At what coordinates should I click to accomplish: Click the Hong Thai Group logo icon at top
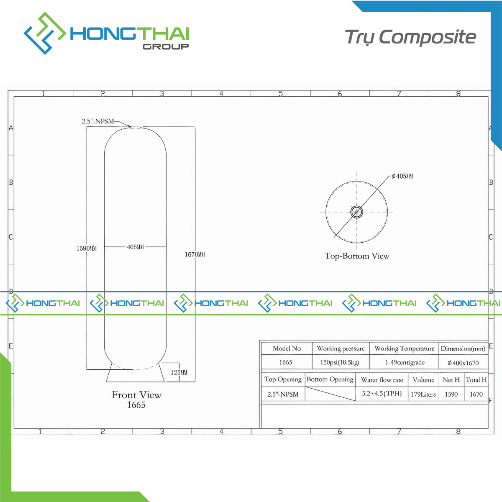pyautogui.click(x=45, y=33)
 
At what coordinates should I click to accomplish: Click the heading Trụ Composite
pyautogui.click(x=410, y=37)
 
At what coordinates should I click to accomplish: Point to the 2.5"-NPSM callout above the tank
pyautogui.click(x=98, y=121)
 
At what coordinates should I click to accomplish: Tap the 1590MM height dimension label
pyautogui.click(x=87, y=248)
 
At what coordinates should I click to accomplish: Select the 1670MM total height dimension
pyautogui.click(x=195, y=254)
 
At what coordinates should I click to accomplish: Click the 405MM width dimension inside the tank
pyautogui.click(x=135, y=247)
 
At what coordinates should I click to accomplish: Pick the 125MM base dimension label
pyautogui.click(x=179, y=372)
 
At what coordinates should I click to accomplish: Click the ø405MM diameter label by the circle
pyautogui.click(x=402, y=177)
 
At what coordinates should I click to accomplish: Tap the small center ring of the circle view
pyautogui.click(x=357, y=212)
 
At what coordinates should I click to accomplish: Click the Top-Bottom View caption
pyautogui.click(x=357, y=256)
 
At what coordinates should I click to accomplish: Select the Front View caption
pyautogui.click(x=136, y=395)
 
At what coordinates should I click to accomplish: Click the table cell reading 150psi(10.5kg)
pyautogui.click(x=340, y=362)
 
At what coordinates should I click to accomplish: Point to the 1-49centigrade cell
pyautogui.click(x=405, y=362)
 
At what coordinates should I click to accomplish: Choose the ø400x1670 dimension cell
pyautogui.click(x=463, y=363)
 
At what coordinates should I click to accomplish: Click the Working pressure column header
pyautogui.click(x=341, y=348)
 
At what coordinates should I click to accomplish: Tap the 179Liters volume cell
pyautogui.click(x=423, y=394)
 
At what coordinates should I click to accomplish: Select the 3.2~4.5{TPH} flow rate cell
pyautogui.click(x=382, y=393)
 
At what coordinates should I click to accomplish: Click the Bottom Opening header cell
pyautogui.click(x=330, y=379)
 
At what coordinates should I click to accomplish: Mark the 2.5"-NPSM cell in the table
pyautogui.click(x=283, y=394)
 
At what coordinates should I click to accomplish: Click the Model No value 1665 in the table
pyautogui.click(x=286, y=362)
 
